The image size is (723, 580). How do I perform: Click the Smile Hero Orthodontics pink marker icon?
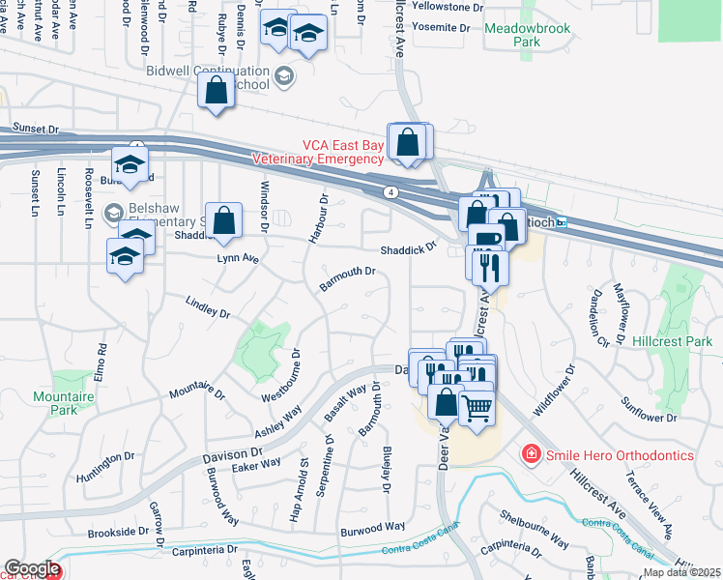coord(530,454)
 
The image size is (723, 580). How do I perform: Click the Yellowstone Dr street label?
coord(448,7)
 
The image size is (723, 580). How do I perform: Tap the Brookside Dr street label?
coord(118,532)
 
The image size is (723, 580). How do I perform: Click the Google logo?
coord(32,568)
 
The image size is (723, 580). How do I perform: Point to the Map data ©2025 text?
coord(682,572)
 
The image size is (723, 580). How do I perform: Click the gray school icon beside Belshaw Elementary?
coord(113,212)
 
